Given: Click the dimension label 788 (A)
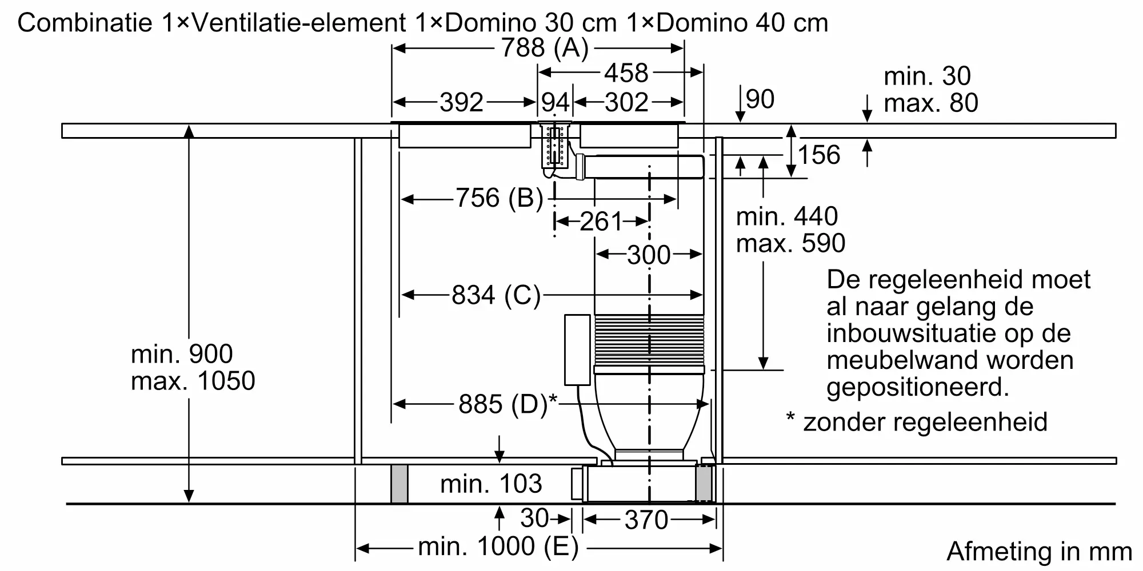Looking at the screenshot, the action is [545, 48].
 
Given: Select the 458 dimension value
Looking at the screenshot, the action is [626, 73].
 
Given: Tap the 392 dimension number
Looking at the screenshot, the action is [462, 103].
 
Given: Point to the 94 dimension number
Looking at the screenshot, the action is [555, 103].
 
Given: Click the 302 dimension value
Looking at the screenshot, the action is [627, 103].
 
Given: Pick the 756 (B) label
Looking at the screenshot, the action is [499, 198].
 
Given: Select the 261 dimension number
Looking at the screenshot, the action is [601, 222].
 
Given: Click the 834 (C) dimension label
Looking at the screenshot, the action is [496, 295].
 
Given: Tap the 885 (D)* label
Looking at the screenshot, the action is [507, 404].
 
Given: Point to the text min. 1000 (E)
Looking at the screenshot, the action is [498, 547].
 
